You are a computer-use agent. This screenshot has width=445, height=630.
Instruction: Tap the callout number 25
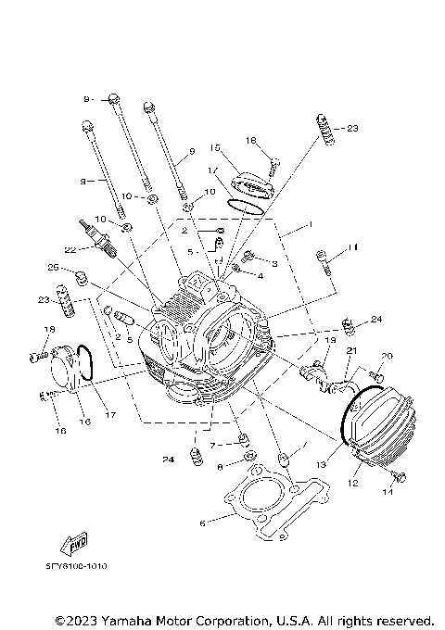coord(54,269)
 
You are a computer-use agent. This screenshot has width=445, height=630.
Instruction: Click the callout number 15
coord(213,147)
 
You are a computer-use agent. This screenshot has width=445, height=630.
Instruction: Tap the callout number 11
coord(351,247)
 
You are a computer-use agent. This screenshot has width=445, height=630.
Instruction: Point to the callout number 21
coord(351,350)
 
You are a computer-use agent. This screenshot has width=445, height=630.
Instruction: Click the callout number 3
coord(274,264)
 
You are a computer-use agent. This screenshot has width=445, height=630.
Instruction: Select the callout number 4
coord(261,276)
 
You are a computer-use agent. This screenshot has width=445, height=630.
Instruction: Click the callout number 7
coord(212,445)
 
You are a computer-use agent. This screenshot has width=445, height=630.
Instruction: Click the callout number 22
coord(68,249)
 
